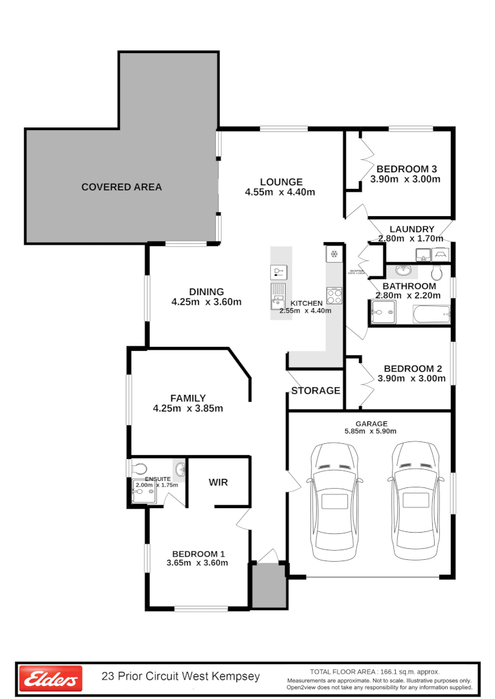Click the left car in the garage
[334, 502]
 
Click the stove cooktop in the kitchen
[334, 296]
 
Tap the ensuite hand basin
[179, 469]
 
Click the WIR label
[218, 482]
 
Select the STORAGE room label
[316, 391]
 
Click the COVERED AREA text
[122, 187]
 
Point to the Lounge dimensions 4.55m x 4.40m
[280, 192]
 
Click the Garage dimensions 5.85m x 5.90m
[371, 431]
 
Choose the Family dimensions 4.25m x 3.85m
[188, 408]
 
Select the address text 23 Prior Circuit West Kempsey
[181, 677]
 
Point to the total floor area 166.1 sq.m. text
[374, 671]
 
